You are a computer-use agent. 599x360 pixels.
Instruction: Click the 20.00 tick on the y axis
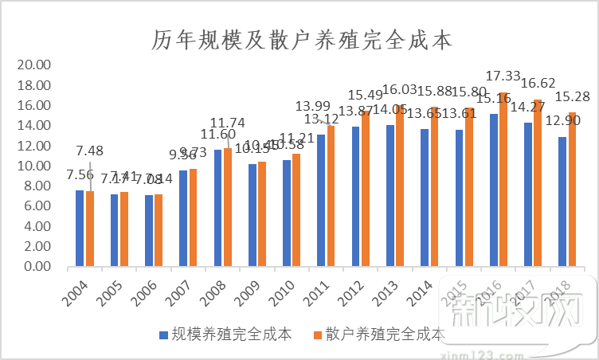[34, 65]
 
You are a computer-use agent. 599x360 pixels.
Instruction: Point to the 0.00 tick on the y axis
[37, 267]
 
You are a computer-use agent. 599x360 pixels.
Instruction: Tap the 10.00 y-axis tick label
[34, 166]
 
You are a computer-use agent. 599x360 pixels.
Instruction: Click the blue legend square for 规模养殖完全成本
[163, 335]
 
